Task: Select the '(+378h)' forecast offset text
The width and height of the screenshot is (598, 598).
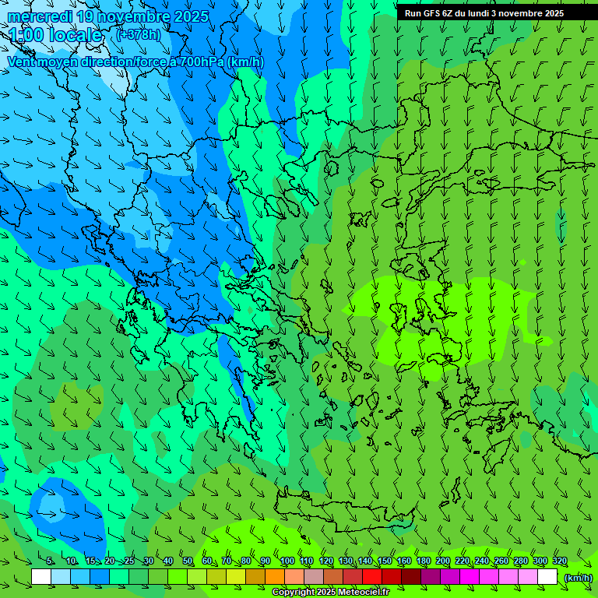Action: click(139, 34)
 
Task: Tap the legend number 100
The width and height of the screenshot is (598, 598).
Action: click(287, 561)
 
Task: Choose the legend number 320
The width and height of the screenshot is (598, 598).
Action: click(559, 561)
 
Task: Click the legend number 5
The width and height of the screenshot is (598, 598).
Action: click(50, 561)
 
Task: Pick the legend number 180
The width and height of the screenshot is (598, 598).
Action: click(423, 561)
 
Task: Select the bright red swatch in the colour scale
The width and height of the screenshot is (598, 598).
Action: click(372, 577)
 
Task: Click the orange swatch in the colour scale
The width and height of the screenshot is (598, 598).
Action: click(275, 577)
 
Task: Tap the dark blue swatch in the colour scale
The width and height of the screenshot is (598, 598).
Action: click(100, 577)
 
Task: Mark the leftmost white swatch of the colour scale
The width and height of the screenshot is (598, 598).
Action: click(41, 577)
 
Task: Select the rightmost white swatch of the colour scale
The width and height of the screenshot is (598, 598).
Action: click(547, 577)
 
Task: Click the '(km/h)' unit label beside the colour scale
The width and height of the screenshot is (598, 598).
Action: click(579, 577)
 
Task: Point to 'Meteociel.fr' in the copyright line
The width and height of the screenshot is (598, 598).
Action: click(363, 593)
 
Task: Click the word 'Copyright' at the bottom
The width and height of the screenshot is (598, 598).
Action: click(295, 593)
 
